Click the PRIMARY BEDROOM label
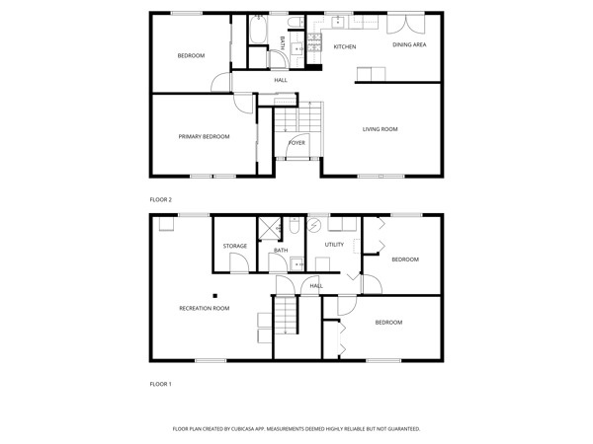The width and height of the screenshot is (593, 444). pyautogui.click(x=204, y=137)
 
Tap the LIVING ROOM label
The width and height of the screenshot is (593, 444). pyautogui.click(x=381, y=129)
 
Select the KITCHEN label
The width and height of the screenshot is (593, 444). pyautogui.click(x=345, y=46)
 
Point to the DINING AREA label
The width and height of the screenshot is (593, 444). pyautogui.click(x=409, y=44)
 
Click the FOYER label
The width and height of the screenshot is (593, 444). pyautogui.click(x=296, y=143)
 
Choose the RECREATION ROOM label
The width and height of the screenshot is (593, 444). pyautogui.click(x=205, y=309)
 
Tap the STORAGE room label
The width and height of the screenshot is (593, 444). pyautogui.click(x=235, y=246)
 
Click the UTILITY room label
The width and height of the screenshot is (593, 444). pyautogui.click(x=334, y=245)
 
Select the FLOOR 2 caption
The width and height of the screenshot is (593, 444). pyautogui.click(x=161, y=199)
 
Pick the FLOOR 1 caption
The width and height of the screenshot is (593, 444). pyautogui.click(x=161, y=385)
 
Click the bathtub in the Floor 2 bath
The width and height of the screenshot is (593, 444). pyautogui.click(x=258, y=29)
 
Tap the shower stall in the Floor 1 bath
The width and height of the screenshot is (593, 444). pyautogui.click(x=269, y=229)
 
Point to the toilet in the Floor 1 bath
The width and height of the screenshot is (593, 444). pyautogui.click(x=295, y=225)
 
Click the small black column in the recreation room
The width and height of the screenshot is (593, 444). pyautogui.click(x=214, y=296)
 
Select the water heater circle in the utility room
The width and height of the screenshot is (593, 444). pyautogui.click(x=314, y=225)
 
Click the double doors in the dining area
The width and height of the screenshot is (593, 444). pyautogui.click(x=406, y=24)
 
